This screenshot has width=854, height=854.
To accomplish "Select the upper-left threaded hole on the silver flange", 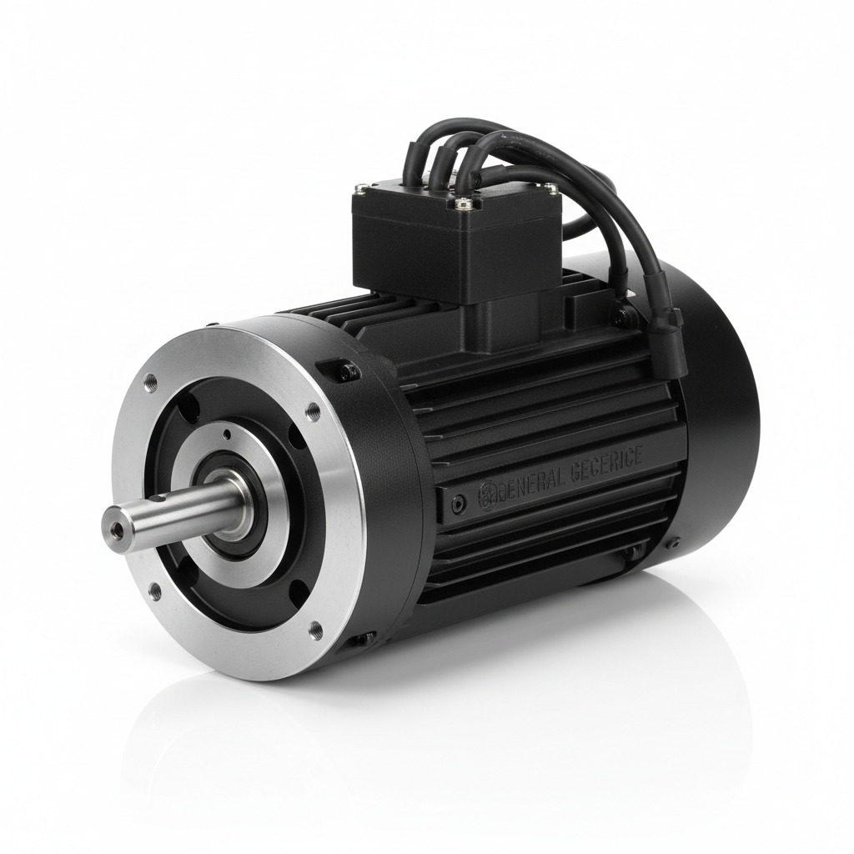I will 150,383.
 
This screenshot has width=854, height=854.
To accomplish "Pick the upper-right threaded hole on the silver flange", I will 314,411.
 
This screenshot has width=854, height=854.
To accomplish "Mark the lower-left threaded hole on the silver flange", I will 154,591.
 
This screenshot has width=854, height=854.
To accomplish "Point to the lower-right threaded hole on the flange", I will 315,630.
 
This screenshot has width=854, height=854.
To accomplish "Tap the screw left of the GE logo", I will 458,504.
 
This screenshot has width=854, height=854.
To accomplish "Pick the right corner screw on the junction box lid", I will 551,189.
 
